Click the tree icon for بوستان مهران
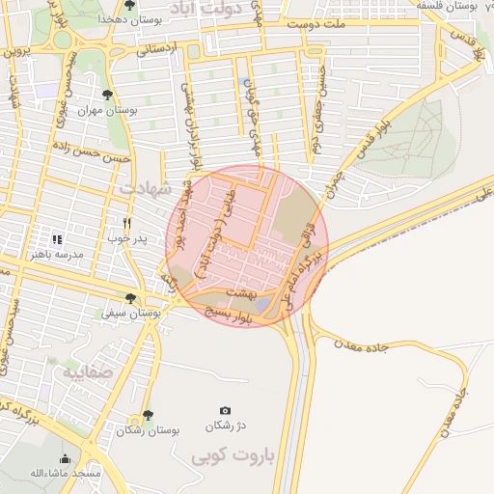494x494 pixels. click(106, 95)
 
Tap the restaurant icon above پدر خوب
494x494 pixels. click(125, 223)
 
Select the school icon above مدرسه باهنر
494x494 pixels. click(56, 238)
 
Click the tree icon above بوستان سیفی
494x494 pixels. click(130, 299)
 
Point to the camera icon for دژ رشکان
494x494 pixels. click(226, 410)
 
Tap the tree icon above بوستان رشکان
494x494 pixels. click(147, 415)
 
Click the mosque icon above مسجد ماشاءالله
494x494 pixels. click(65, 458)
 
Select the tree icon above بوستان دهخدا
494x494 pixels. click(129, 5)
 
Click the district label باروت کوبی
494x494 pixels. click(234, 453)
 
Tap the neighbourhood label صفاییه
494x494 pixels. click(89, 370)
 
